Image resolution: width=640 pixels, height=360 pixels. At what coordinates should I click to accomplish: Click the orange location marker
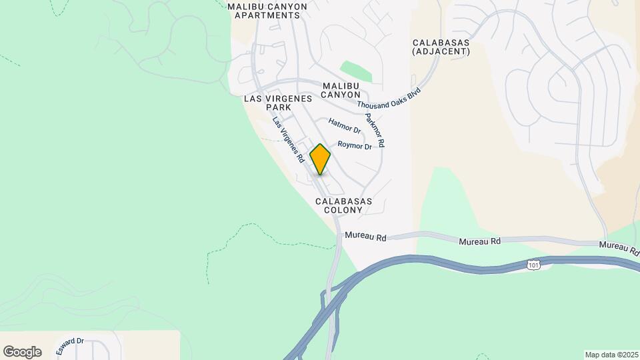(x=321, y=159)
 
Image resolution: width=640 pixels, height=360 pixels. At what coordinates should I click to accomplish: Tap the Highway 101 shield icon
(x=533, y=265)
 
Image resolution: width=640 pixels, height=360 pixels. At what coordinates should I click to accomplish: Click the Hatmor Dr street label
(x=345, y=125)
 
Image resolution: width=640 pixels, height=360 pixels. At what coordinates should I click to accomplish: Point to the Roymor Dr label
(x=355, y=145)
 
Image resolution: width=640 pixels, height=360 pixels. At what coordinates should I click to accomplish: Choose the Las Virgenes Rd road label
(x=289, y=140)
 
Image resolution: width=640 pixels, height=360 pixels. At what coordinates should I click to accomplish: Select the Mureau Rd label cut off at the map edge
(x=619, y=248)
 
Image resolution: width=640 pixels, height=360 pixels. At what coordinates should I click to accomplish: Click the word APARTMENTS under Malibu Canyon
(x=267, y=15)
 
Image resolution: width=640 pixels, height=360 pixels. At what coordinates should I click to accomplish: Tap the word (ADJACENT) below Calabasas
(x=441, y=51)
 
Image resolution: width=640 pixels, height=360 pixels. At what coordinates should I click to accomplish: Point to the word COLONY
(x=343, y=210)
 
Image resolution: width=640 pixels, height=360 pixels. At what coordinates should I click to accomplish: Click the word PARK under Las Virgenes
(x=279, y=107)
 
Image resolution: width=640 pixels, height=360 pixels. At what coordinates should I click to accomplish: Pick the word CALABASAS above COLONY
(x=343, y=201)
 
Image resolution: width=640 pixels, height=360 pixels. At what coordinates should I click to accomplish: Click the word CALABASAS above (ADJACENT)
(x=441, y=42)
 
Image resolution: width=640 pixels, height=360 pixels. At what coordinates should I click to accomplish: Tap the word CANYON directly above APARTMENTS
(x=286, y=7)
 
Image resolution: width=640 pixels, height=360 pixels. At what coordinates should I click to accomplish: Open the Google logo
(x=22, y=352)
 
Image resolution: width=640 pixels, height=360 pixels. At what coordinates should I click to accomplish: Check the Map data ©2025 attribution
(x=611, y=355)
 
